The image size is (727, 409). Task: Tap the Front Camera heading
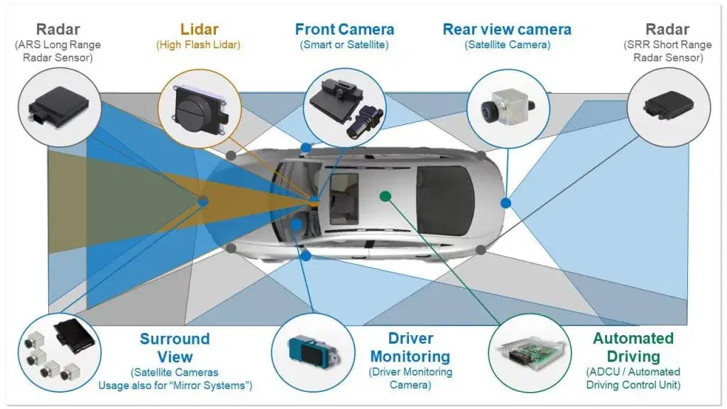click(344, 30)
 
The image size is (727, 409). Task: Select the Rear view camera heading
click(506, 30)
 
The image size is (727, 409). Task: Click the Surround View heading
click(175, 347)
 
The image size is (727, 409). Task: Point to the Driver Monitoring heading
click(410, 347)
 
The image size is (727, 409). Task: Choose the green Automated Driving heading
click(633, 347)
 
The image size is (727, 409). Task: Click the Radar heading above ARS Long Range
click(57, 30)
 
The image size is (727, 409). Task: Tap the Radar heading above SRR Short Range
click(668, 30)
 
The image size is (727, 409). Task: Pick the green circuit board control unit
click(530, 352)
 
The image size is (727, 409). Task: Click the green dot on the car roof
click(385, 195)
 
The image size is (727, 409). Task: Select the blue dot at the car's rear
click(505, 203)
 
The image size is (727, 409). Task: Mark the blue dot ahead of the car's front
click(203, 202)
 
